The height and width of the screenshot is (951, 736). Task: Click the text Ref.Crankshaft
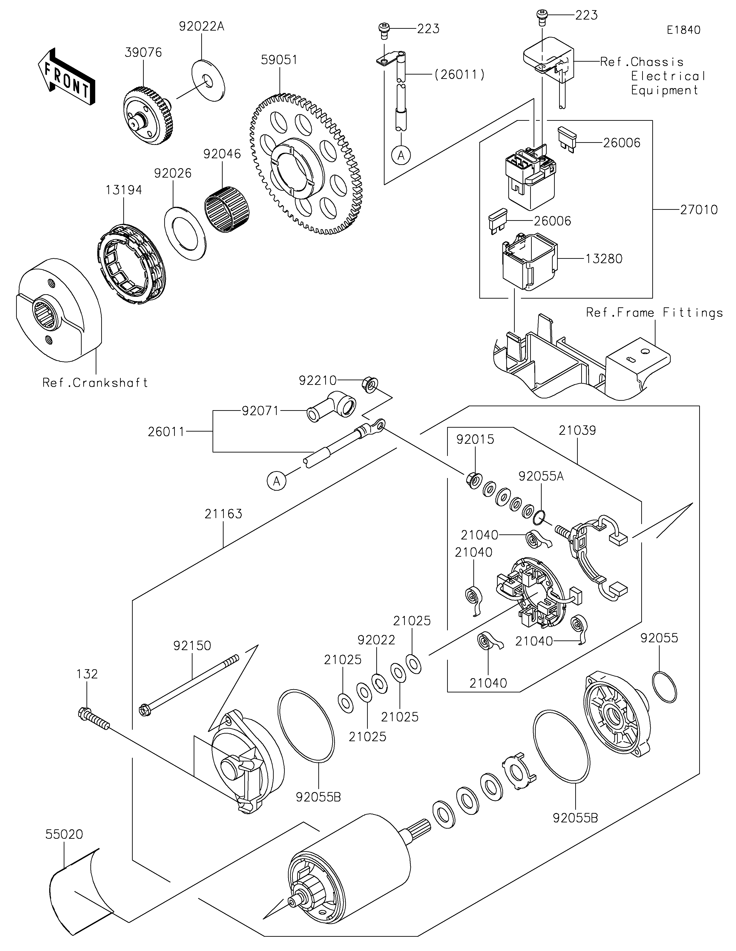95,383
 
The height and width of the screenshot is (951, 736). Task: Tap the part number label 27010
699,210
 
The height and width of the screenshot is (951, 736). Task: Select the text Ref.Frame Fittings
654,313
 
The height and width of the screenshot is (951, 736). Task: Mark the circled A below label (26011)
401,155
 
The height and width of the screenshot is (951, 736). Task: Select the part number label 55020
64,834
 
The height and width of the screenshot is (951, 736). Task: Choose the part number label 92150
192,646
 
